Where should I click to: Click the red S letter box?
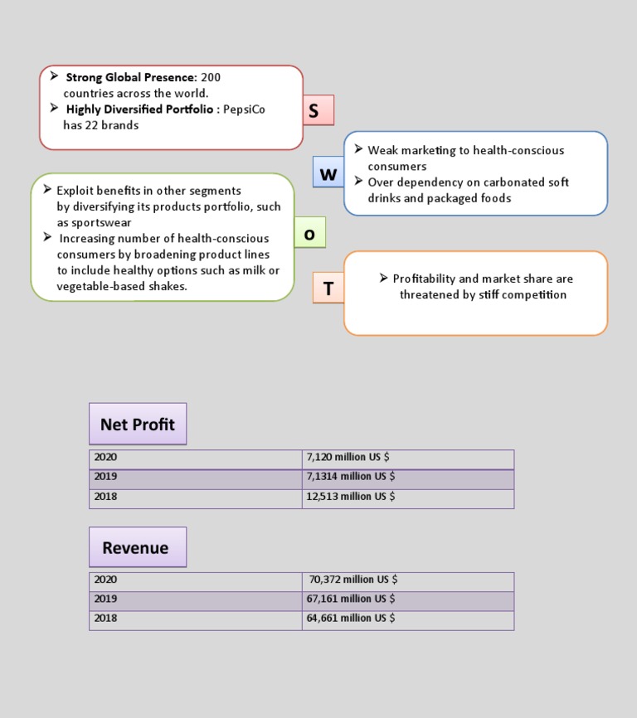(314, 110)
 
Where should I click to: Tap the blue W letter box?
(328, 173)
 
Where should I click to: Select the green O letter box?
(309, 233)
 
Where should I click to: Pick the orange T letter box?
(328, 288)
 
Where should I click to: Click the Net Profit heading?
(138, 424)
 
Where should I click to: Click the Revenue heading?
(136, 547)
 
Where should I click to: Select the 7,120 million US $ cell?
(348, 457)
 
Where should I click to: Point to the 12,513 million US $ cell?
(350, 496)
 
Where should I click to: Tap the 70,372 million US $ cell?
(353, 580)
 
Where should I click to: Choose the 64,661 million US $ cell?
(350, 618)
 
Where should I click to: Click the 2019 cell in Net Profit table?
(105, 477)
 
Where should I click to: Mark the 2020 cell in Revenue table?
(105, 580)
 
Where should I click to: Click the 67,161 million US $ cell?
(350, 599)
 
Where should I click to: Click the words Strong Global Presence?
(131, 77)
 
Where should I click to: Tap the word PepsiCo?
(245, 109)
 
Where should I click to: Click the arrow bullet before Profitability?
(384, 278)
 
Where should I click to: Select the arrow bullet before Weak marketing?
(358, 149)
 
